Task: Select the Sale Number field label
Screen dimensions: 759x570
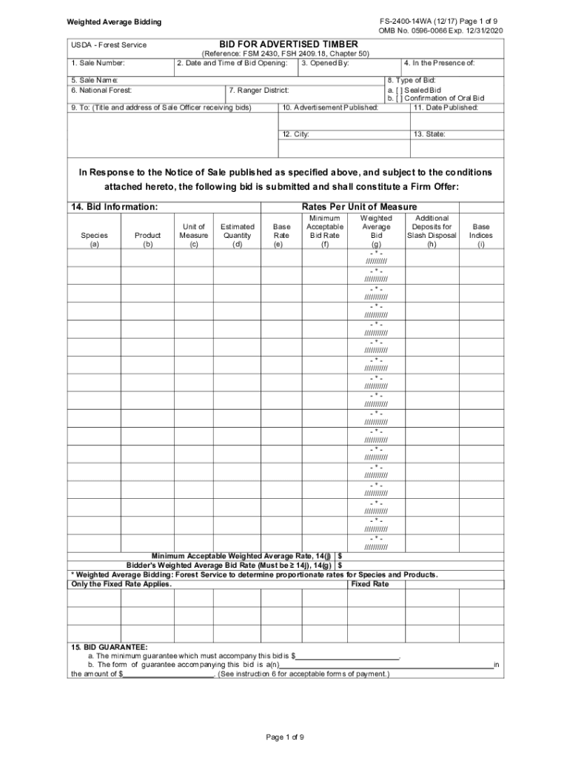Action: pos(98,64)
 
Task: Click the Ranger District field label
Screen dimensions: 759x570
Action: pos(258,90)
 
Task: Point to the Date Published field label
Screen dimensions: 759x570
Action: pos(446,107)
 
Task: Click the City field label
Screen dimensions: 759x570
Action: pos(295,134)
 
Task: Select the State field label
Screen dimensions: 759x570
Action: pos(429,134)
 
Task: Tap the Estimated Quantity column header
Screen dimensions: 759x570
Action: pos(237,236)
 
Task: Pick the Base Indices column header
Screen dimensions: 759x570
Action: pos(480,236)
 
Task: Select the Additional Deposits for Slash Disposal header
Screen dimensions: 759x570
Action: pos(432,231)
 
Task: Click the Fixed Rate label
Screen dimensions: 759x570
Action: pos(369,584)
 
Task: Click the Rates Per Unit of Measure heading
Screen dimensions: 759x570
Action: pos(359,207)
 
